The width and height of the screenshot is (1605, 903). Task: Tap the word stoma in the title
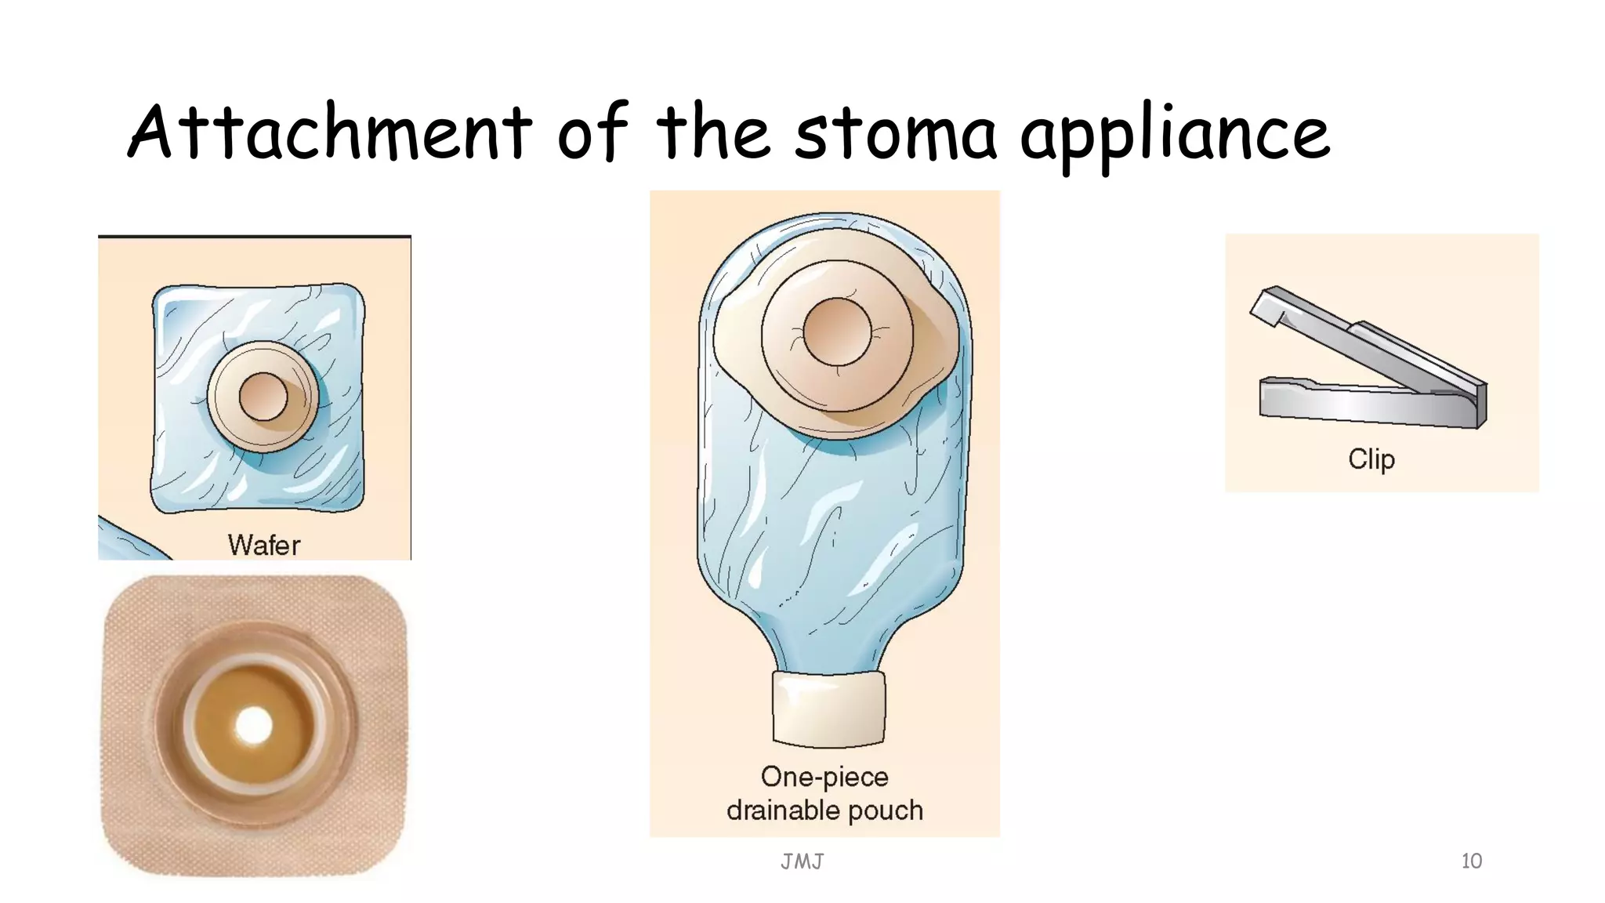[x=895, y=133]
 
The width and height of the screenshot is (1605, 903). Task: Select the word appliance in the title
[x=1174, y=135]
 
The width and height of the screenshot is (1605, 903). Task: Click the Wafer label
[x=264, y=545]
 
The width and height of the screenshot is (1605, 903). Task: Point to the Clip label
[x=1371, y=459]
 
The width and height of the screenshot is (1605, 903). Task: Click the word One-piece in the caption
[x=824, y=777]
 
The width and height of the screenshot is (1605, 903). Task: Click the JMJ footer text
[x=802, y=861]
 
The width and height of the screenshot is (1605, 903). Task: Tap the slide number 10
[x=1471, y=861]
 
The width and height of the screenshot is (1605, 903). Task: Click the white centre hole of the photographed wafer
[x=253, y=726]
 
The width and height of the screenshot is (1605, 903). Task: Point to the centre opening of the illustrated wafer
[x=263, y=397]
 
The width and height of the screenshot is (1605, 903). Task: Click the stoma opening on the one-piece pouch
[x=837, y=332]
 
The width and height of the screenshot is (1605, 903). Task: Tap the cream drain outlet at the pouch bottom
[x=828, y=708]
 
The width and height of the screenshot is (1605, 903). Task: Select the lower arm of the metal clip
[x=1364, y=404]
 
